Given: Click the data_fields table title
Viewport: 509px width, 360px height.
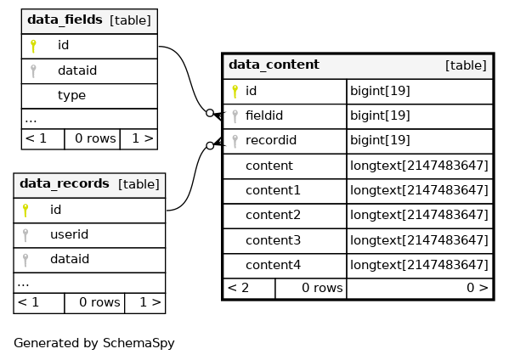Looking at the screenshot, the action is coord(65,20).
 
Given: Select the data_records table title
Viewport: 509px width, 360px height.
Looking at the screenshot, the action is coord(65,183).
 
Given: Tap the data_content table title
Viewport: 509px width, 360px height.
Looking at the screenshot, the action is coord(274,65).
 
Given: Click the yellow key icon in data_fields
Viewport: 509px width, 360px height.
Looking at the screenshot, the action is coord(33,46).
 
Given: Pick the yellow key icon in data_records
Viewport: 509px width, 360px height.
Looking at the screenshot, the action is coord(25,211).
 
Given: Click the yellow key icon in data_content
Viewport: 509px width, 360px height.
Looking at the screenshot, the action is coord(235,92).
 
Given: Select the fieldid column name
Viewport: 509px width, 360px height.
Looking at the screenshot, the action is coord(264,115).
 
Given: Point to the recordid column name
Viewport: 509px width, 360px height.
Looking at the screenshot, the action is coord(271,140).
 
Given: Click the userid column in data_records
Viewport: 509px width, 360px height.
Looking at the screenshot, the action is coord(69,234).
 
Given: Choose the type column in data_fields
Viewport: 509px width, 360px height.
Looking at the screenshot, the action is coord(71,95).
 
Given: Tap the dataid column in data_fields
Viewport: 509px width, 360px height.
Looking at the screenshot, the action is coord(77,70).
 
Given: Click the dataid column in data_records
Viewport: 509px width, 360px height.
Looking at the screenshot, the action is coord(70,259).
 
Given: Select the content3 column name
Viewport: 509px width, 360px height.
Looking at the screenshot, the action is coord(273,240).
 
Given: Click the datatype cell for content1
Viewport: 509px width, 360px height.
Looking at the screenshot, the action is coord(419,190).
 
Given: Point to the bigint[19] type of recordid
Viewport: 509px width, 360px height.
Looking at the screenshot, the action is coord(380,140).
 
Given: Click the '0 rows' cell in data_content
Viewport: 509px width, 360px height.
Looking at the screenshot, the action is coord(322,288).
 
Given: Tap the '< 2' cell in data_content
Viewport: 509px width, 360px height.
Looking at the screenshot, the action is coord(238,288).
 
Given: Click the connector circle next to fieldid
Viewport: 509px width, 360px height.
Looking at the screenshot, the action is coord(210,113).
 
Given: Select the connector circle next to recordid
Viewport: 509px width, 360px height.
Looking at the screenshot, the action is coord(210,146).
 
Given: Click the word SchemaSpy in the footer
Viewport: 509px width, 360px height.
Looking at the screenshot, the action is coord(139,343).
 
